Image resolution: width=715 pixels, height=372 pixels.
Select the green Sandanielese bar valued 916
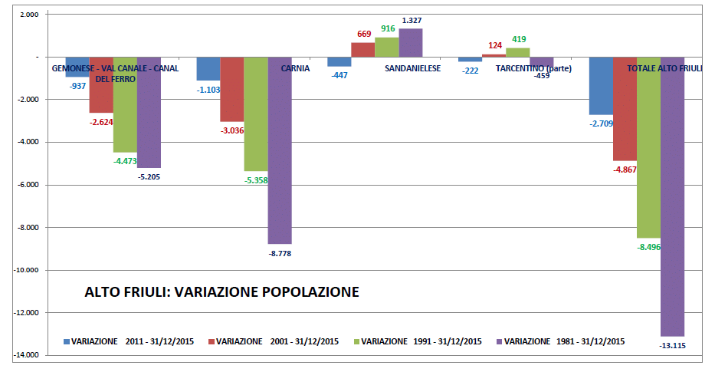[387, 47]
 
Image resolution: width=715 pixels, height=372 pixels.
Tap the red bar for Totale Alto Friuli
[625, 108]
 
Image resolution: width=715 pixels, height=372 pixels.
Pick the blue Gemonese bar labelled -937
[77, 67]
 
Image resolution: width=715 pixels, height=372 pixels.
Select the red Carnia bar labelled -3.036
[231, 89]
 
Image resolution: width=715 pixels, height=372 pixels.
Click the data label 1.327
[412, 20]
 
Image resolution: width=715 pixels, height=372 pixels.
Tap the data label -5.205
[149, 176]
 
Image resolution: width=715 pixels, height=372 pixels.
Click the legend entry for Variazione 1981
[563, 341]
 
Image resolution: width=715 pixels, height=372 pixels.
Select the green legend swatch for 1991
[355, 341]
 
